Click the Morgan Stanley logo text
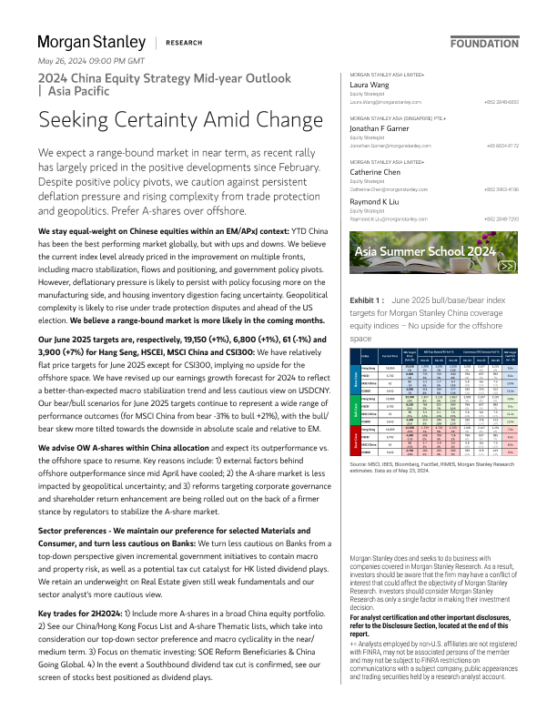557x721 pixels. coord(91,42)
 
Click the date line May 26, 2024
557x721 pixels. coord(91,61)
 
